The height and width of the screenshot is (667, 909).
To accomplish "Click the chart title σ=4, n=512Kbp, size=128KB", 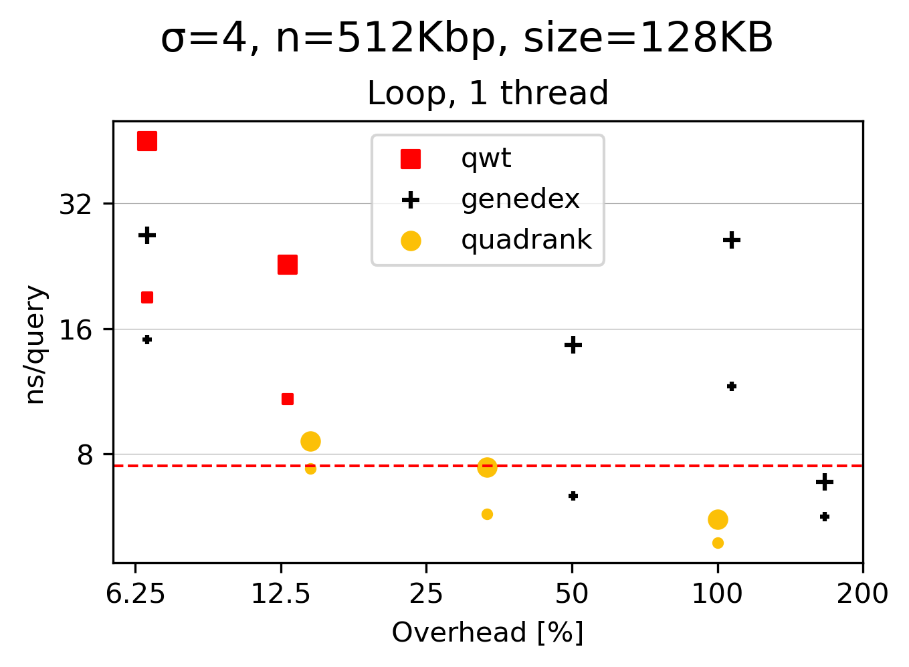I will click(467, 38).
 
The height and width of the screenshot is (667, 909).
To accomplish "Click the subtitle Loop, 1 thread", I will click(488, 93).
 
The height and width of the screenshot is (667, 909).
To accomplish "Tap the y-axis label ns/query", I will click(35, 345).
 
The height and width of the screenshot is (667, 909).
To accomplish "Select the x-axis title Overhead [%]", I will click(488, 632).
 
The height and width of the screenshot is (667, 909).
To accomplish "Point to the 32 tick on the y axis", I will click(76, 204).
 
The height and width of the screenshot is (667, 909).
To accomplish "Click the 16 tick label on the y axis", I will click(76, 329).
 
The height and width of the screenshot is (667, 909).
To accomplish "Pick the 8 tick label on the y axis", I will click(86, 455).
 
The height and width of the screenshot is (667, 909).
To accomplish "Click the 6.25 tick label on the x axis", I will click(136, 593).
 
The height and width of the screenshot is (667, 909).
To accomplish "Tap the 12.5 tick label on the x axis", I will click(281, 593).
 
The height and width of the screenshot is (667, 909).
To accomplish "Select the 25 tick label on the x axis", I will click(426, 593).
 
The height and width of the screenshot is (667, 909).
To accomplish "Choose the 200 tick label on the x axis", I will click(862, 593).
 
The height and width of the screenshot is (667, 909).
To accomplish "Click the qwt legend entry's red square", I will click(411, 159).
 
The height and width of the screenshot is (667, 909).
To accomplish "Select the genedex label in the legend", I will click(520, 199).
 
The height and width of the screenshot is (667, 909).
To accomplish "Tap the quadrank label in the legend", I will click(526, 239).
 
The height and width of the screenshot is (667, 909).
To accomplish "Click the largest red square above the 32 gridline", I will click(147, 141).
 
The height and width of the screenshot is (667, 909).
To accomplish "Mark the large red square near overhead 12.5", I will click(288, 265).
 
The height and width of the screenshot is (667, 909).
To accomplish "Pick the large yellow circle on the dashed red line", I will click(487, 467).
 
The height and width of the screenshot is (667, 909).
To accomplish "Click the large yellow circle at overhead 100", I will click(718, 519).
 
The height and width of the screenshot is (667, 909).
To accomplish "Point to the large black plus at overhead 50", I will click(573, 345).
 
